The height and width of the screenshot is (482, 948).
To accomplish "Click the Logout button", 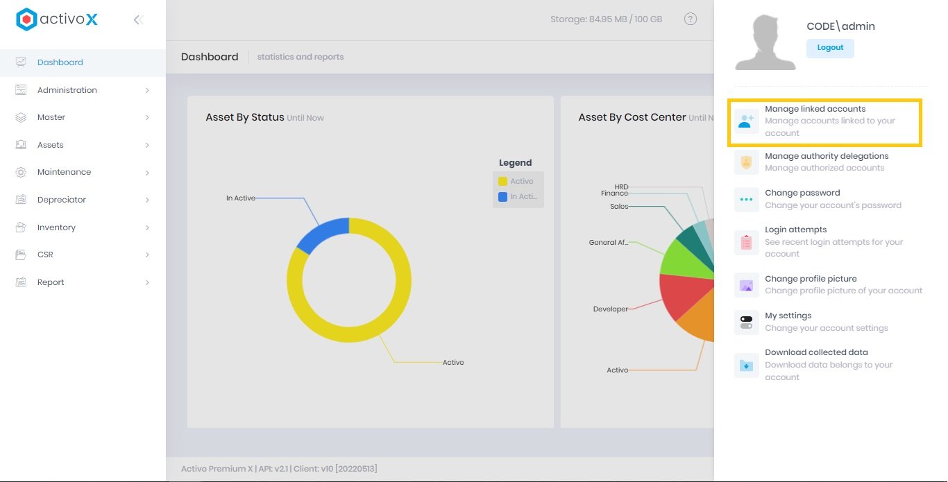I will coord(830,48).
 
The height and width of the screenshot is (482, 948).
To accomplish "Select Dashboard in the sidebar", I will coord(60,62).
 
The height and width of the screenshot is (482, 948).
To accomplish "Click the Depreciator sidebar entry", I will coord(62,200).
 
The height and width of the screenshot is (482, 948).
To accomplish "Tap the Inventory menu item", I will coord(56,227).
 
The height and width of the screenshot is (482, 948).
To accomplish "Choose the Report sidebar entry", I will coord(51,282).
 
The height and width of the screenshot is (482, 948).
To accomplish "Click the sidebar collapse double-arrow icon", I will coord(138,20).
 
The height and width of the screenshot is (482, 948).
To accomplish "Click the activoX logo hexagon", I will coord(26,19).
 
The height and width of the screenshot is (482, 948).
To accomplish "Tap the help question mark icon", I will coord(691,19).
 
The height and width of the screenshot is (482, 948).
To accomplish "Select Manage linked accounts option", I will coord(815,109).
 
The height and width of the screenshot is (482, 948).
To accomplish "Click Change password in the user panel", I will coord(802,193).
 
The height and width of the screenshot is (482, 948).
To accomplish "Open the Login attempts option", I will coord(795,230).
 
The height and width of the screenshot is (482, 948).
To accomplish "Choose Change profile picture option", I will coord(811,279).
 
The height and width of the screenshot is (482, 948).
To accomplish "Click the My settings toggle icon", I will coord(746,322).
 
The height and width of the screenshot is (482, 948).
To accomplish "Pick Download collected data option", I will coord(816,352).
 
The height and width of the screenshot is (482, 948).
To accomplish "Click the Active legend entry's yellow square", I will coord(502,181).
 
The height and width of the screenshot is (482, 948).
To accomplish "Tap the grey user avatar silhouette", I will coord(765,43).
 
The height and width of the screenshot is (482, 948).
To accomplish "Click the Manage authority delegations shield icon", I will coord(746,162).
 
